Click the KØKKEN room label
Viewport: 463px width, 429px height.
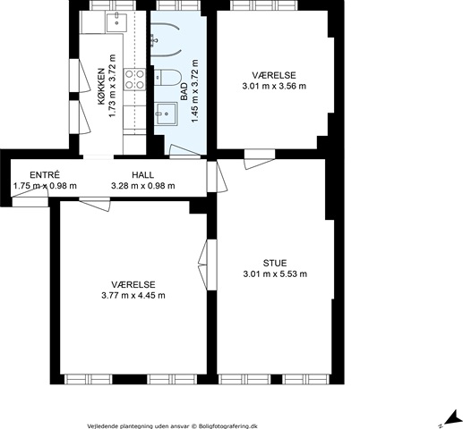point(101,87)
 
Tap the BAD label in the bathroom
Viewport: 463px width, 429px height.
point(184,91)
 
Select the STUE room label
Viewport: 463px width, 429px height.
point(275,263)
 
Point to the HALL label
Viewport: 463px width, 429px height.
point(143,174)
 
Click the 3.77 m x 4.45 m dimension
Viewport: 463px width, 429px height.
point(133,296)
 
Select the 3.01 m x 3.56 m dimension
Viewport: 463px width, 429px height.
point(274,86)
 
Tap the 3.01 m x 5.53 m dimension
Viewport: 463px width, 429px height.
point(275,273)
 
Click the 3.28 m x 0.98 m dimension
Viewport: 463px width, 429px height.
point(143,186)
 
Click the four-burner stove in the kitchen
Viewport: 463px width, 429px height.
point(134,79)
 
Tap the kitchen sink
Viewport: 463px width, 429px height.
point(116,22)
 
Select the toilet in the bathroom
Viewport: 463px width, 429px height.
point(167,77)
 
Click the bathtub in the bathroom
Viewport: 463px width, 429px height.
point(166,39)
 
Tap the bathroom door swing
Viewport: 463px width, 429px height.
point(184,151)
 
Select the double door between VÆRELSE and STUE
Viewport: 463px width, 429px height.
point(208,265)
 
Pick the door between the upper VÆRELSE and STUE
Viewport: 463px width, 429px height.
point(260,159)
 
